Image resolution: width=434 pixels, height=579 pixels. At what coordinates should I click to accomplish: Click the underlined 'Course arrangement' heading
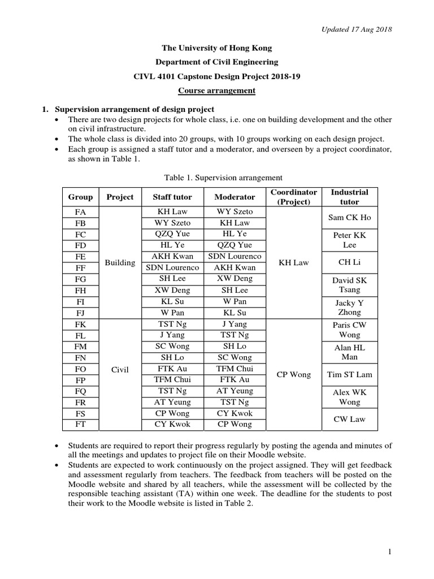217,90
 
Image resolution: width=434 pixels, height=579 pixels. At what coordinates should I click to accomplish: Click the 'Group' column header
80,197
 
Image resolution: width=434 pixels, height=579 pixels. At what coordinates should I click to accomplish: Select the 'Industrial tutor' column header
349,197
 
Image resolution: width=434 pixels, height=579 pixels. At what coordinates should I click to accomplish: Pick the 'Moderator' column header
235,197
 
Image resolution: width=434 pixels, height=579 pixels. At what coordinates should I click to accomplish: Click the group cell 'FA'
80,212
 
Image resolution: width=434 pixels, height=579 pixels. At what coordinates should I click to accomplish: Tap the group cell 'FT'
80,424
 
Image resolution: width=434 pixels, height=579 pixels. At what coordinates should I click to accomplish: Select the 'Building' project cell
120,262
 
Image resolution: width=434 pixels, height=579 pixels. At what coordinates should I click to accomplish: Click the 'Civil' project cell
120,370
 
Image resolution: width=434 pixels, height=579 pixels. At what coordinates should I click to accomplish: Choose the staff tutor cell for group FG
172,279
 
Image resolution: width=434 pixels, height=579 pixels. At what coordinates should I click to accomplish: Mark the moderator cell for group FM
235,346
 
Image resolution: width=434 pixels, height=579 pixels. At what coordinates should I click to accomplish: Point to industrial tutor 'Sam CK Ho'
349,217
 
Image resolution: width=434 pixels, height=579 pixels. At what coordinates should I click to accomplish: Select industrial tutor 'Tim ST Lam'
349,374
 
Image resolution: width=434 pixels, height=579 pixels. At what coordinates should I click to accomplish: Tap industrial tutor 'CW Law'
349,418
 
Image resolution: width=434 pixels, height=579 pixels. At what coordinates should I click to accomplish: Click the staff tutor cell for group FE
172,256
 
